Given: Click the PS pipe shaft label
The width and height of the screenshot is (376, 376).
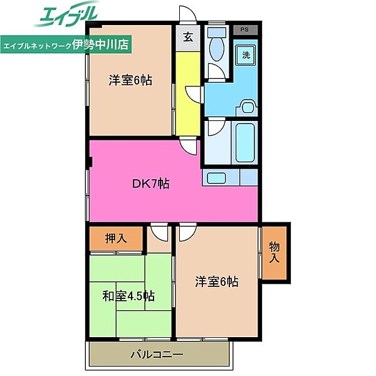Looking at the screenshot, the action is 244,29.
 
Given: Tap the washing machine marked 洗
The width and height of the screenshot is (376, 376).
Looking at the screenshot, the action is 246,55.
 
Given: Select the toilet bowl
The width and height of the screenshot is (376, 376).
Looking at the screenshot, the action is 217,46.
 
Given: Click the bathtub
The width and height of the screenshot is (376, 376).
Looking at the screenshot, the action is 245,143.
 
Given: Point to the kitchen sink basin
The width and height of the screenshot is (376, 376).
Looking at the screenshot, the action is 216,178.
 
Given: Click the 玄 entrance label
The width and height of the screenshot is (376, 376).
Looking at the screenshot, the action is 188,37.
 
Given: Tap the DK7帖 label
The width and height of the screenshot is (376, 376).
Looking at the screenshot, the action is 151,184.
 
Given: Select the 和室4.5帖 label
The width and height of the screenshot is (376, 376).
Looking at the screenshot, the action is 128,296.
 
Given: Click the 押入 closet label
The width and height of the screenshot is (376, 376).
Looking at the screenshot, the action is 116,238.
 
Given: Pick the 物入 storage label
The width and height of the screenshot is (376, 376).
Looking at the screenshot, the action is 274,253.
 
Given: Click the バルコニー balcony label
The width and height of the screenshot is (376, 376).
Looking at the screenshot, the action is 157,354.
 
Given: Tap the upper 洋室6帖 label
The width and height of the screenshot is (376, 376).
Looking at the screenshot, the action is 130,80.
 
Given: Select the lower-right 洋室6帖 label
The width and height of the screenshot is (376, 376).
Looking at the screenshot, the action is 217,281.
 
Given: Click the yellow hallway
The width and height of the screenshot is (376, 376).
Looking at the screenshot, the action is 188,93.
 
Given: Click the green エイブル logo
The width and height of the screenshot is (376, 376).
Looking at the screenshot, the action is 66,14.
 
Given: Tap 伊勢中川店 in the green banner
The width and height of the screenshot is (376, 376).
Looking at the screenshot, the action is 100,44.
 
